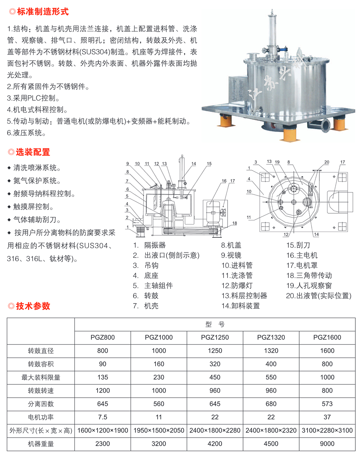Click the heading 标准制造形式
[43, 12]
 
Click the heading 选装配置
[33, 152]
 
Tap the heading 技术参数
[33, 306]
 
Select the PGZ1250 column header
[215, 337]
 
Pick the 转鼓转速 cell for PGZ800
[103, 391]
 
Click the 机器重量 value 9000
[327, 443]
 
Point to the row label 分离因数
[41, 404]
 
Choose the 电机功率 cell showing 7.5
[103, 417]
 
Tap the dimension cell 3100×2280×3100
[327, 431]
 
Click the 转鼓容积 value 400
[271, 364]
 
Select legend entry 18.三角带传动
[309, 276]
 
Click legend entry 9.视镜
[231, 255]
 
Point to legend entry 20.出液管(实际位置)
[319, 296]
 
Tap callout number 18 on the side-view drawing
[234, 223]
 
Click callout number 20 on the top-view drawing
[327, 162]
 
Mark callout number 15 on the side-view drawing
[209, 164]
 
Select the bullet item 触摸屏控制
[33, 206]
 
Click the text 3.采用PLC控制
[33, 98]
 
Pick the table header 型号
[215, 324]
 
